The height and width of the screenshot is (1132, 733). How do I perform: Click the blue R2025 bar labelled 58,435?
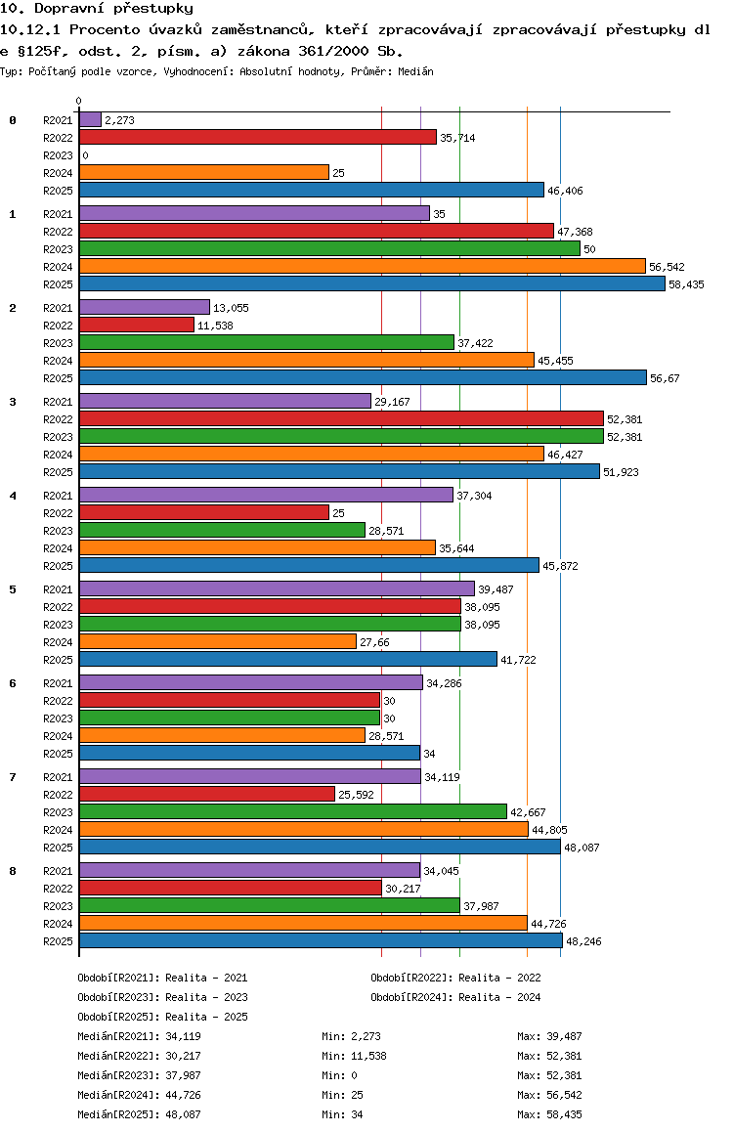click(x=372, y=284)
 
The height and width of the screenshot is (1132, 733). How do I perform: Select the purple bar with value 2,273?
click(x=90, y=120)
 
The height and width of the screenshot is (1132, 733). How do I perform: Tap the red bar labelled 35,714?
click(x=258, y=137)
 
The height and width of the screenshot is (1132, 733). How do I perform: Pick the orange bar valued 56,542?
click(x=363, y=267)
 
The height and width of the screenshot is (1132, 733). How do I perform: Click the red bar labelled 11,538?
click(x=137, y=325)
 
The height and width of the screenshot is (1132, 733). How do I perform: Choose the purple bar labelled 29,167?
click(x=225, y=402)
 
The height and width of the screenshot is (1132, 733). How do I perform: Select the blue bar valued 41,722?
click(x=288, y=659)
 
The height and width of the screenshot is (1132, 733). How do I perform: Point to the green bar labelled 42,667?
click(x=293, y=812)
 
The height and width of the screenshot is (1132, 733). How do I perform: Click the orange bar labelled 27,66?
click(x=218, y=642)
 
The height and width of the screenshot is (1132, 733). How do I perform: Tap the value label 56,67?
click(x=665, y=378)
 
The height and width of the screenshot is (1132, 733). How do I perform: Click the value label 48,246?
click(x=583, y=941)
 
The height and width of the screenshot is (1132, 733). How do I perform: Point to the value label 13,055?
click(x=231, y=308)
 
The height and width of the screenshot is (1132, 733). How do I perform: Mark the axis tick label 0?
click(x=78, y=101)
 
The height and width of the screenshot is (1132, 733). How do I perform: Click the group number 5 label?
click(x=13, y=589)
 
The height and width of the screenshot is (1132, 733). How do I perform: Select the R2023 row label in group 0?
click(x=58, y=156)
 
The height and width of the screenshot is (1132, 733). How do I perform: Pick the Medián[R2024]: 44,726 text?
click(x=139, y=1095)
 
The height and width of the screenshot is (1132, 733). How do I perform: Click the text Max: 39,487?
click(x=549, y=1037)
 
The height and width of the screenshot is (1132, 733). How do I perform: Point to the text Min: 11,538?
click(x=354, y=1056)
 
